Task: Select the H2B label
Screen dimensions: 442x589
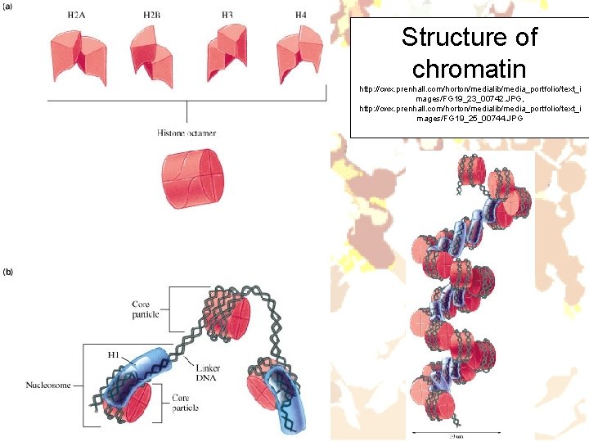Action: point(153,16)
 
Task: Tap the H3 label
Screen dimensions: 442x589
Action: point(227,16)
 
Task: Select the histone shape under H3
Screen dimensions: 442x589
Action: point(227,51)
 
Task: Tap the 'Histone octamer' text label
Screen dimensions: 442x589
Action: point(187,133)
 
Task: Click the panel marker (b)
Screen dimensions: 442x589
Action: point(10,271)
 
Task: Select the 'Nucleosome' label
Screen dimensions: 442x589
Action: point(48,385)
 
